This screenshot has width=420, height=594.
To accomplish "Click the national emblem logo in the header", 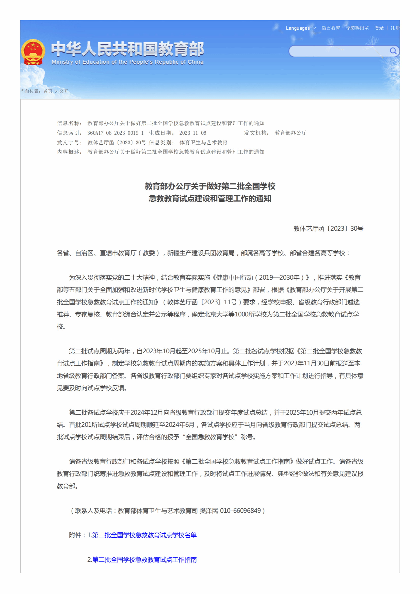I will click(x=33, y=52).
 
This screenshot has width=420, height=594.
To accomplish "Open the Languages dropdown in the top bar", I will click(x=301, y=28).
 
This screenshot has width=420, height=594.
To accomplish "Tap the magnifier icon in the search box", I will click(x=393, y=51).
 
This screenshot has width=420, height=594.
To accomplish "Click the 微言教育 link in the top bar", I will click(x=330, y=28).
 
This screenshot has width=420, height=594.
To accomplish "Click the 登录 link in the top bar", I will click(x=379, y=28).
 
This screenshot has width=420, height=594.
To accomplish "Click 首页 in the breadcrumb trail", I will click(x=48, y=91).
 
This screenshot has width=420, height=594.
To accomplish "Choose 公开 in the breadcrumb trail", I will click(x=64, y=91).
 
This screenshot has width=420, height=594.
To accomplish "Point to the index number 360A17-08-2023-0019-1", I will click(x=115, y=133).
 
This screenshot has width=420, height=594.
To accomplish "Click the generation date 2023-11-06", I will click(x=192, y=133).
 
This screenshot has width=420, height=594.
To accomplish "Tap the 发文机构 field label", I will click(x=256, y=133).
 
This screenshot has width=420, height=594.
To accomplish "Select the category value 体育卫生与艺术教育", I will click(x=203, y=142).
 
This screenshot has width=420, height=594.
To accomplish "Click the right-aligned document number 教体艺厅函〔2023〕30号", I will click(x=328, y=228).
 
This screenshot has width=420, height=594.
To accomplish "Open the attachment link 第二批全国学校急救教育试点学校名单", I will click(x=144, y=535).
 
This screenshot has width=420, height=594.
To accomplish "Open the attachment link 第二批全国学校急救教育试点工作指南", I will click(x=144, y=559).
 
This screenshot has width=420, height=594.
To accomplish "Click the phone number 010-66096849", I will click(x=240, y=511).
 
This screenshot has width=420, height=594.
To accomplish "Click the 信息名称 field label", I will click(x=69, y=123).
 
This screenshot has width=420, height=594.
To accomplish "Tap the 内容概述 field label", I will click(x=69, y=152).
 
